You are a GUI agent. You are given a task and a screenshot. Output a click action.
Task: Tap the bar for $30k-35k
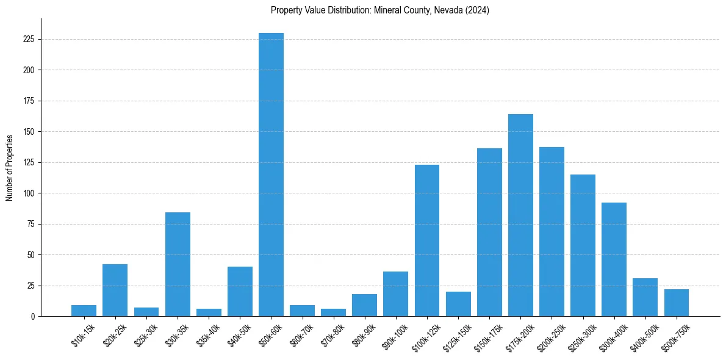[178, 264]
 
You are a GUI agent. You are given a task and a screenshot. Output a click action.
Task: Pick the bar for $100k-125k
[427, 240]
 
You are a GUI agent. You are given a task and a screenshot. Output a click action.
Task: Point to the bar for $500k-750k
[677, 303]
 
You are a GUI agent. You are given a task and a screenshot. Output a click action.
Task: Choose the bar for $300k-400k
[614, 259]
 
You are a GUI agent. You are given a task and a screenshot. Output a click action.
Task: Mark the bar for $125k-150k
[458, 304]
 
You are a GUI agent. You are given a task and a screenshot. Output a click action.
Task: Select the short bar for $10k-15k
[84, 311]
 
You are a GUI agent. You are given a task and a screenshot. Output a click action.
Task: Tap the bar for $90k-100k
[395, 294]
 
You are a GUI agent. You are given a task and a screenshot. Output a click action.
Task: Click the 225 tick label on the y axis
[29, 39]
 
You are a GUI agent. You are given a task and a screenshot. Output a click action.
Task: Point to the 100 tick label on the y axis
[29, 193]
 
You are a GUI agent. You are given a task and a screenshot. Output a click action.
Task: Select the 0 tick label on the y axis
[32, 317]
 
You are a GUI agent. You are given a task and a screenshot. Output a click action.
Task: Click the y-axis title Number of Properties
[10, 167]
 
